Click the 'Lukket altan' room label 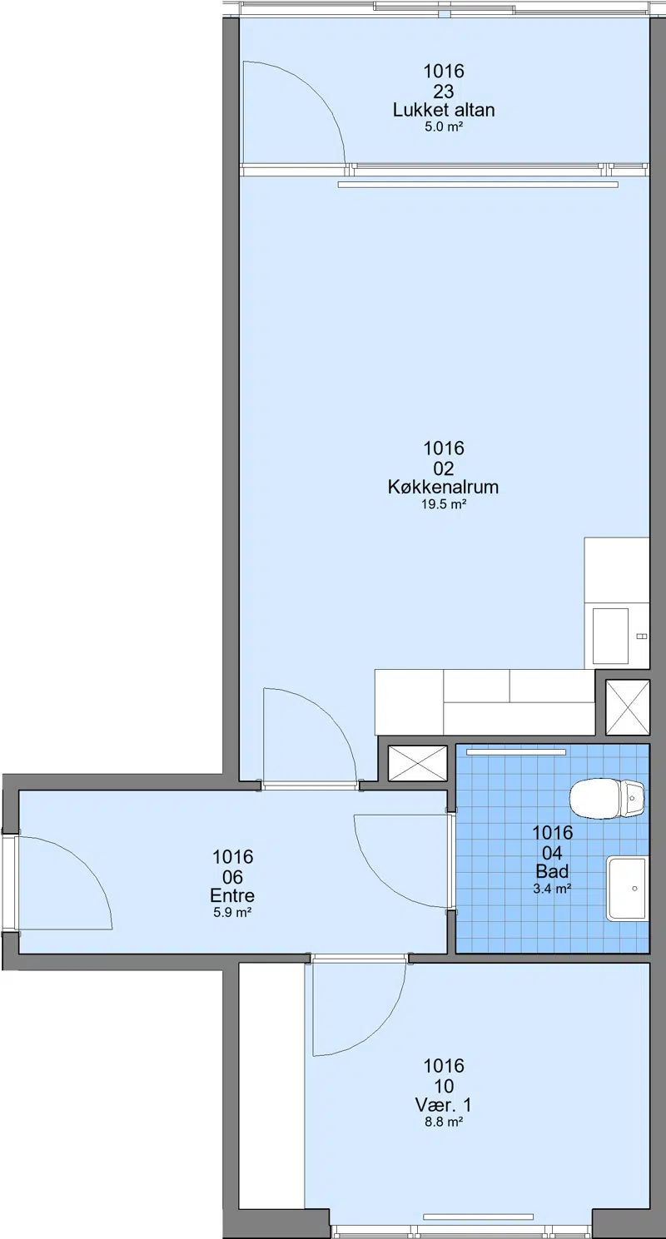pyautogui.click(x=444, y=110)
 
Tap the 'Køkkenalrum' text pyautogui.click(x=443, y=487)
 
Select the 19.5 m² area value pyautogui.click(x=443, y=504)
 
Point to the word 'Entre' pyautogui.click(x=232, y=895)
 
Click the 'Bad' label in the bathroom pyautogui.click(x=552, y=871)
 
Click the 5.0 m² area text pyautogui.click(x=444, y=126)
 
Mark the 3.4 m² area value pyautogui.click(x=552, y=889)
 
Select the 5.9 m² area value pyautogui.click(x=232, y=912)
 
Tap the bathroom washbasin pyautogui.click(x=627, y=889)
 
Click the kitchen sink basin pyautogui.click(x=610, y=636)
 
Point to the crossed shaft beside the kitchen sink pyautogui.click(x=627, y=707)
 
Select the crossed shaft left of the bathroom pyautogui.click(x=417, y=763)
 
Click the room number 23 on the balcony pyautogui.click(x=444, y=91)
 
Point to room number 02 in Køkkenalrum pyautogui.click(x=444, y=468)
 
